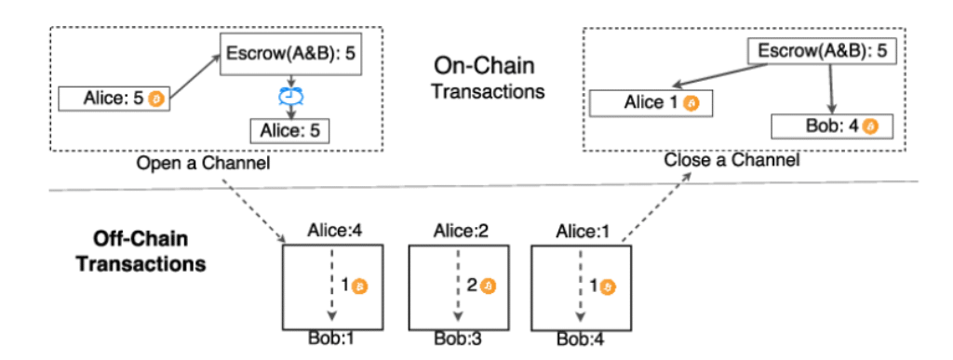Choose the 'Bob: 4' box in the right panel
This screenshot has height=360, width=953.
(x=825, y=125)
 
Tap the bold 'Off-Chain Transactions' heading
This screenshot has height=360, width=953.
(x=141, y=251)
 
